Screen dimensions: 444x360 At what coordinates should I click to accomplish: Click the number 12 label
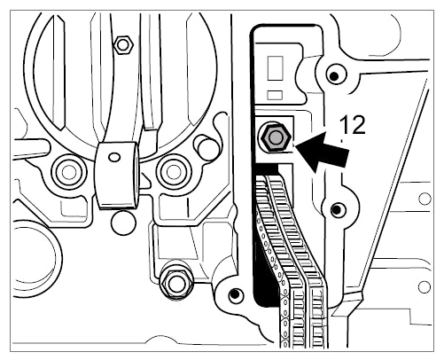tap(353, 125)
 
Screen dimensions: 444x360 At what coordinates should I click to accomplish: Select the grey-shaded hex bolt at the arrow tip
tap(276, 137)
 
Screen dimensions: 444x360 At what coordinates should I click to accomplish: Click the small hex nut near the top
tap(123, 45)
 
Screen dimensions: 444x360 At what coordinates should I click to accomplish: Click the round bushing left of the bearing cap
tap(69, 172)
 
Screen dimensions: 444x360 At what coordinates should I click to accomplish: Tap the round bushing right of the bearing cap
tap(174, 172)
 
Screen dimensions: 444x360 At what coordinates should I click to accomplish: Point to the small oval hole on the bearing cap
tap(114, 157)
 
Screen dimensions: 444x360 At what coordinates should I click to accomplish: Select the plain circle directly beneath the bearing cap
tap(123, 223)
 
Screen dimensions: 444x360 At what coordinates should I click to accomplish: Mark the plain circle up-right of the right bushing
tap(209, 147)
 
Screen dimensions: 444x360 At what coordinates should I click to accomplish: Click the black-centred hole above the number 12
tap(334, 76)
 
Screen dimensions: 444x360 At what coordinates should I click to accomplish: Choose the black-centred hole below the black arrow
tap(336, 210)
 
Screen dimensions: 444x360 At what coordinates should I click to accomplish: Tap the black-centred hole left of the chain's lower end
tap(235, 294)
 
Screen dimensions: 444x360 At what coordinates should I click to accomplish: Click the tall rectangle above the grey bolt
tap(275, 68)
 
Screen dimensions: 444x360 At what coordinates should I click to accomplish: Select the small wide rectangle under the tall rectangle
tap(275, 95)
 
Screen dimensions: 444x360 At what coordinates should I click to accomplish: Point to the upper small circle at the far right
tap(425, 199)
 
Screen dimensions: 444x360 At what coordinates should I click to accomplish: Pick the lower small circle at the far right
tap(425, 287)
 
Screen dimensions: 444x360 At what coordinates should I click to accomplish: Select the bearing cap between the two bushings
tap(117, 176)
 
